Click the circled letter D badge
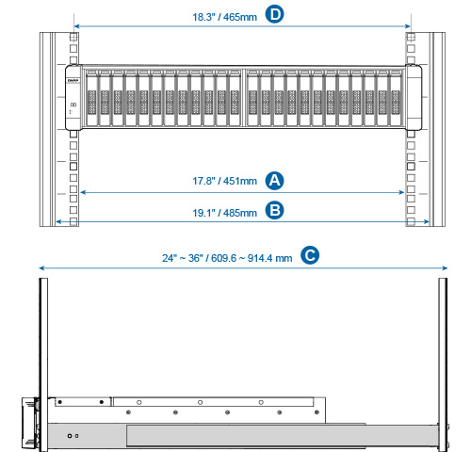pos(274,14)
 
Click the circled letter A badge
pos(274,181)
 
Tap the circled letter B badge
pos(274,210)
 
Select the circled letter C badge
pos(310,255)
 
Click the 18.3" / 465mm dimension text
pos(224,17)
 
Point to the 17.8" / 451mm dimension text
pos(224,181)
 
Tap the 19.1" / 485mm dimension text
pos(224,213)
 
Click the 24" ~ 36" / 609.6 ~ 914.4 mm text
pos(227,258)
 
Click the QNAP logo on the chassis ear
pos(73,81)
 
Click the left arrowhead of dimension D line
pos(76,26)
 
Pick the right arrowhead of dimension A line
pos(401,192)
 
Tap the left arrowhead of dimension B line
pos(58,222)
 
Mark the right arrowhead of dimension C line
pos(445,267)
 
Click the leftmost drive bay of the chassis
pos(91,98)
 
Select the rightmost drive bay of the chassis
pos(396,98)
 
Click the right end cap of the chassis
pos(414,97)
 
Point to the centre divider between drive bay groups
pos(244,98)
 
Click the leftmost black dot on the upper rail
pos(60,402)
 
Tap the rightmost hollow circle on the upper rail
pos(261,402)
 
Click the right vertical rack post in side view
pos(443,364)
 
